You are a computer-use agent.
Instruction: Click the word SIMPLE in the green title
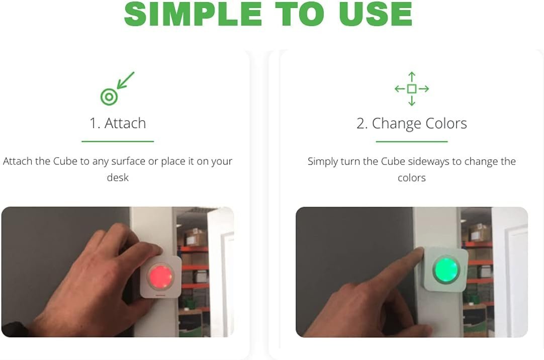[x=193, y=14]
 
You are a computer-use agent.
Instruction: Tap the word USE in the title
[x=376, y=14]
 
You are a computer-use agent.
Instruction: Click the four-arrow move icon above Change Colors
[x=412, y=89]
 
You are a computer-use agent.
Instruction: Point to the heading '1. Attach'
[x=118, y=123]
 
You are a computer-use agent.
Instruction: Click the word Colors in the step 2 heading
[x=446, y=123]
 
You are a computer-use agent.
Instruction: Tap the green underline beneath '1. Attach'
[x=118, y=141]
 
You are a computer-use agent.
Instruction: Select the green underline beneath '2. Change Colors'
[x=412, y=141]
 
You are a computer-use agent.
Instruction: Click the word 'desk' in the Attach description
[x=118, y=177]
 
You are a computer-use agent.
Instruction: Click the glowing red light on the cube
[x=160, y=277]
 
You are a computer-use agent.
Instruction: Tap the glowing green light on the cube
[x=446, y=269]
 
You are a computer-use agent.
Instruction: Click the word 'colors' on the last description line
[x=412, y=178]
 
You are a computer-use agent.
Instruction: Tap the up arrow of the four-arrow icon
[x=412, y=77]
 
